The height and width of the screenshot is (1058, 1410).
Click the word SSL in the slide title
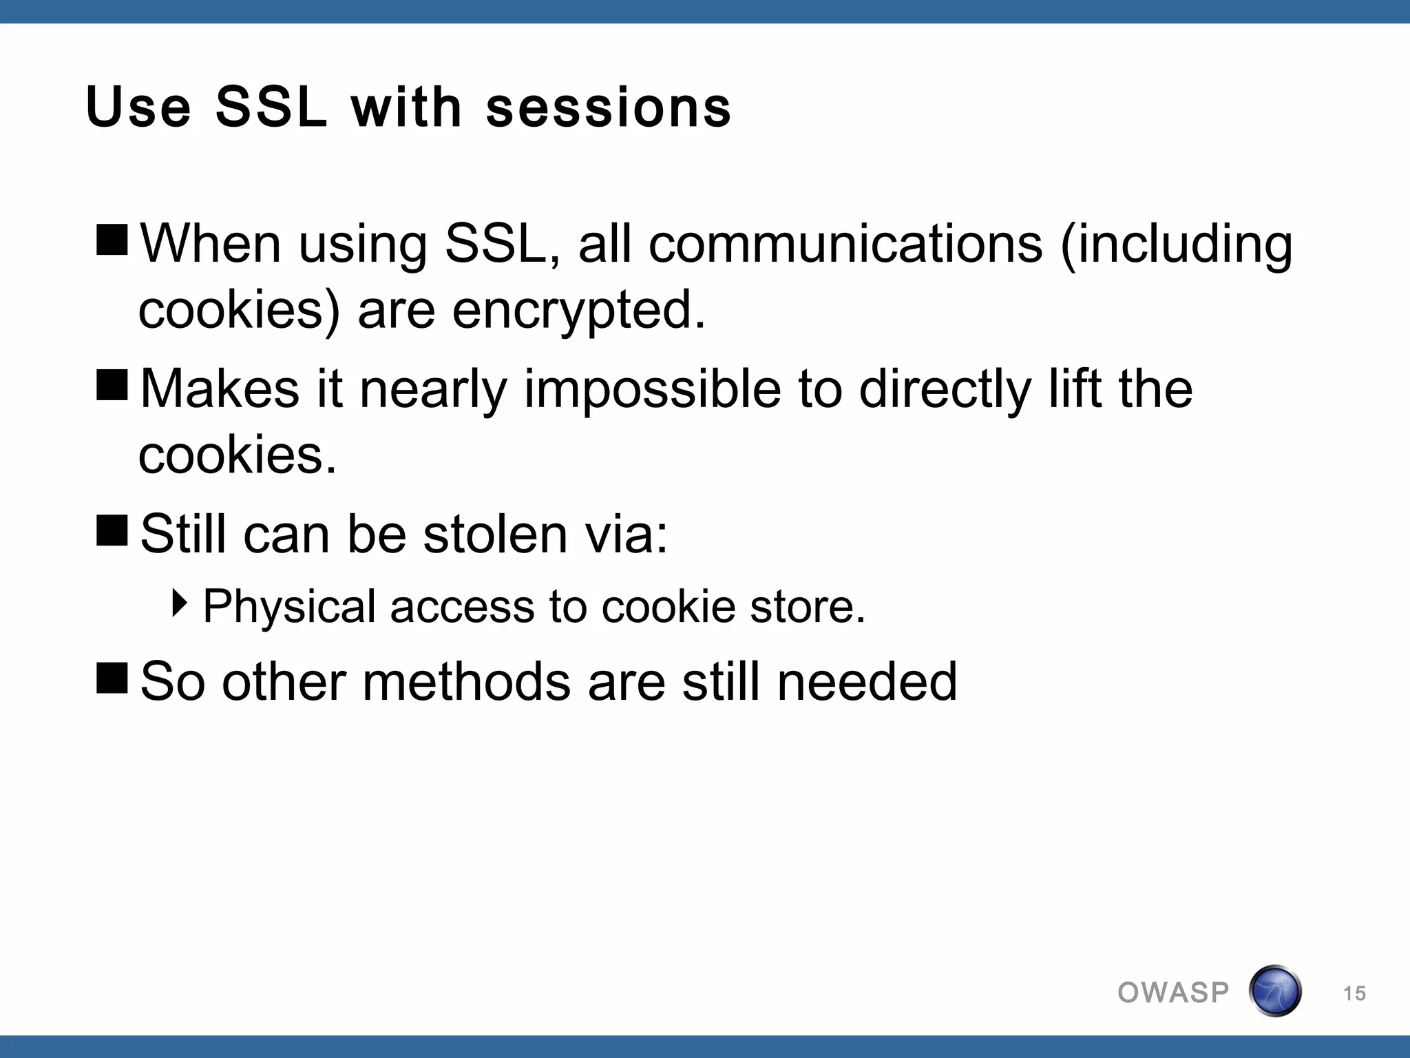coord(270,108)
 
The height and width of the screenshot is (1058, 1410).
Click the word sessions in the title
coord(609,108)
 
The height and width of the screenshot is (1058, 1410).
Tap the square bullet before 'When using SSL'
coord(112,239)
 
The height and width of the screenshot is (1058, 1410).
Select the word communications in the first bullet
coord(845,245)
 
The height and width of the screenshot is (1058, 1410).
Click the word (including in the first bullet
coord(1176,245)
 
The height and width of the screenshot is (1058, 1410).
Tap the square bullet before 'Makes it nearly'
coord(112,384)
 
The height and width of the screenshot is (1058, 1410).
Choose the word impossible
coord(652,390)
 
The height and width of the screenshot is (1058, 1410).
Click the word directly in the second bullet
coord(945,390)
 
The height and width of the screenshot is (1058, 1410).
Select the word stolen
coord(494,535)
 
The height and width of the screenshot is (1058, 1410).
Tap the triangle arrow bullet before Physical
coord(180,603)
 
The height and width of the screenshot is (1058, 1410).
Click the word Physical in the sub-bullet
coord(289,608)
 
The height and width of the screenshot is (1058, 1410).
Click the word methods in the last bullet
coord(466,682)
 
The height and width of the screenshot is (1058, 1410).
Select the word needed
coord(867,682)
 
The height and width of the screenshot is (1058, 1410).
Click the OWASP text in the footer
coord(1173,993)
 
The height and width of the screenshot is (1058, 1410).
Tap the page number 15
coord(1354,993)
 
